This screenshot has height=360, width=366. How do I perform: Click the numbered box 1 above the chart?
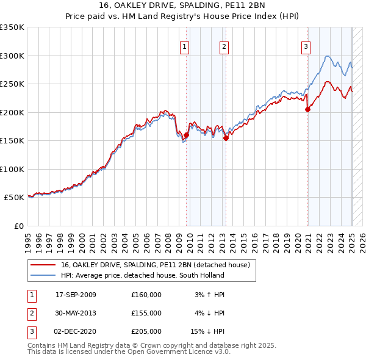click(184, 45)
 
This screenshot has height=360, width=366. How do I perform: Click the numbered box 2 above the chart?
click(224, 45)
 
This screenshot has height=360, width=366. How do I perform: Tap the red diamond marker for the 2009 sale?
click(186, 135)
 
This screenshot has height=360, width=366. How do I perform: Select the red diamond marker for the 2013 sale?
click(226, 139)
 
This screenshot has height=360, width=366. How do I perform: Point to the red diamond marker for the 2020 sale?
click(308, 110)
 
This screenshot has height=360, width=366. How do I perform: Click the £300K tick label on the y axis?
click(12, 56)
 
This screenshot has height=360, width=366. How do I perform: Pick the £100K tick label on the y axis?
click(12, 169)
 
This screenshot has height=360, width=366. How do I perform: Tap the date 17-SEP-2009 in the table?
click(76, 295)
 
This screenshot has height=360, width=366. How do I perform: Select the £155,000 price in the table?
click(146, 313)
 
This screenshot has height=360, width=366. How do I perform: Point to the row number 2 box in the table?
click(31, 313)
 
